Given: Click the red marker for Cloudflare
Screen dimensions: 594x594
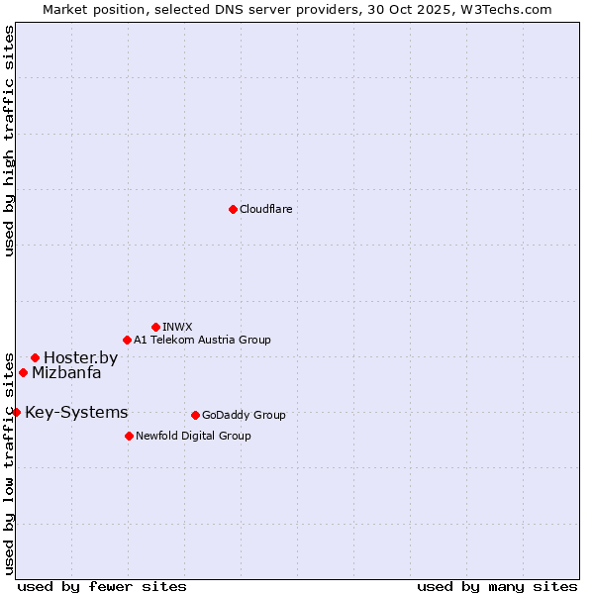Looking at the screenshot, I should (x=233, y=209).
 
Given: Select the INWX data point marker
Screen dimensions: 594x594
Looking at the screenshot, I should (x=155, y=327).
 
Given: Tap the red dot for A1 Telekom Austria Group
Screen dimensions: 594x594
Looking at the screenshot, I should (x=127, y=340).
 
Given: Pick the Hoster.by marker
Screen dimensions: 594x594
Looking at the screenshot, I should (x=35, y=357).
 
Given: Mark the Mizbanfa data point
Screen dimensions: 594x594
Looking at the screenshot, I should (x=23, y=372).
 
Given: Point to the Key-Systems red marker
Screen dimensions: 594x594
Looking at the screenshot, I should (x=16, y=412).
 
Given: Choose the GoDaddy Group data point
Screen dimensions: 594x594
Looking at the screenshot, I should (x=195, y=415).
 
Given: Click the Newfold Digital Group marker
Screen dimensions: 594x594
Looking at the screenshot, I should (x=129, y=436).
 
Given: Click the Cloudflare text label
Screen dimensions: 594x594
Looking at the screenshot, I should (x=265, y=209).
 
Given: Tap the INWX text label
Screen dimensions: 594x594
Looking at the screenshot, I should (x=177, y=327).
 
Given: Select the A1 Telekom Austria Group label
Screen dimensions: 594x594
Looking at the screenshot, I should (x=202, y=340).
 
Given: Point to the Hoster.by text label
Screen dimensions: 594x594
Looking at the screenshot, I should (x=80, y=357).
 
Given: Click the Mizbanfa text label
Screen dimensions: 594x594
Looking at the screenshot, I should (x=66, y=373).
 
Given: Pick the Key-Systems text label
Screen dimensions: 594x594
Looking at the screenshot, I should (x=76, y=412).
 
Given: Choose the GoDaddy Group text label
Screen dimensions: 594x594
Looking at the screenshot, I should (x=244, y=415).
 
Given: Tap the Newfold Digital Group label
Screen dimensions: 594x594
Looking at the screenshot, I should (x=193, y=436).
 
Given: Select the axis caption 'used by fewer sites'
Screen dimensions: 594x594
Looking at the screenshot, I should (x=102, y=586).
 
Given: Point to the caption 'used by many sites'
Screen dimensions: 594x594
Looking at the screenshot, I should (x=497, y=586).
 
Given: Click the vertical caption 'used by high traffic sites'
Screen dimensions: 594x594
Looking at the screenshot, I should (x=9, y=142).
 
